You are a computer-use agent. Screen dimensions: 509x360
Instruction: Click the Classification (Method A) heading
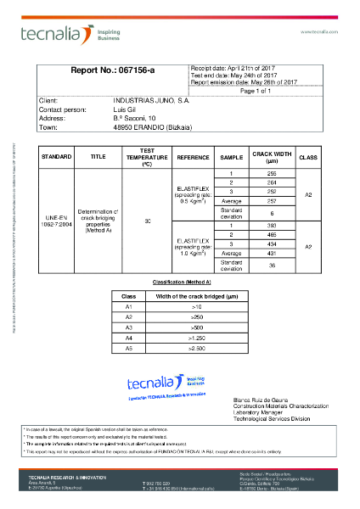click(x=181, y=281)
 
